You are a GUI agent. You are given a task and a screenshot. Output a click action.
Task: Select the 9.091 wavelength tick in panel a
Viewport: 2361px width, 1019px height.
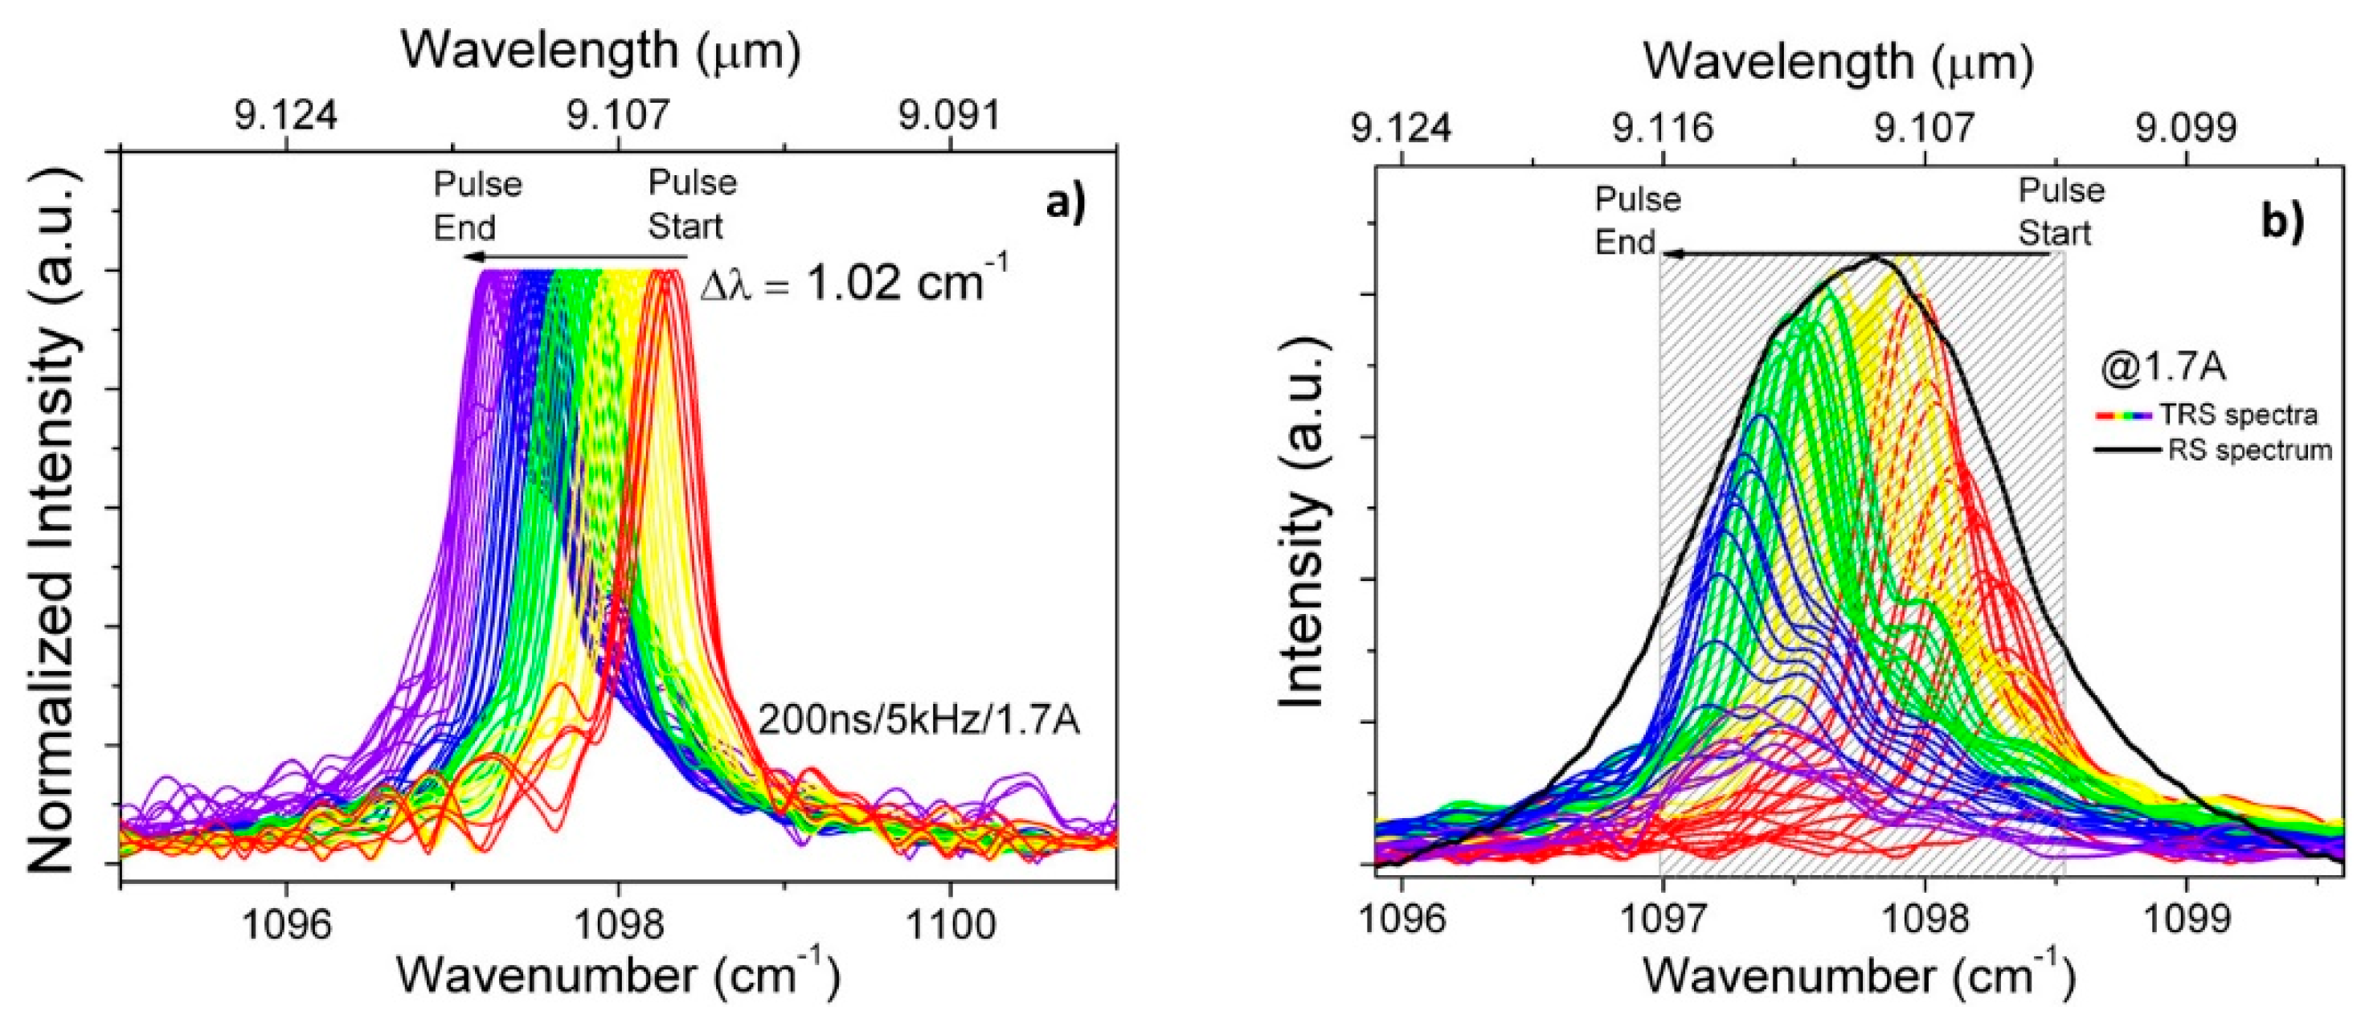948,117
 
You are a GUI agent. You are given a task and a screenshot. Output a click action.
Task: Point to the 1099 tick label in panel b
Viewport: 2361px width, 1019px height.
2187,919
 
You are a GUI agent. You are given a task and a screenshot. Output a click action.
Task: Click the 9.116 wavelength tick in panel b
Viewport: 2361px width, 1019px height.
1663,129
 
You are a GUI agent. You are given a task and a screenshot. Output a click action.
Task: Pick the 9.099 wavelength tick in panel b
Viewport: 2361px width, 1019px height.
2187,129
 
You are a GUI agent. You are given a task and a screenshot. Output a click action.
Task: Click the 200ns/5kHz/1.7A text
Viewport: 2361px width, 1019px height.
919,721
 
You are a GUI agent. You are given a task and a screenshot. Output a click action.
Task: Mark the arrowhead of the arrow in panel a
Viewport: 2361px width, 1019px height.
469,256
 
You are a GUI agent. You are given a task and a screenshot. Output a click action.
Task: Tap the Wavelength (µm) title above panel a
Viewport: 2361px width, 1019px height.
600,51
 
